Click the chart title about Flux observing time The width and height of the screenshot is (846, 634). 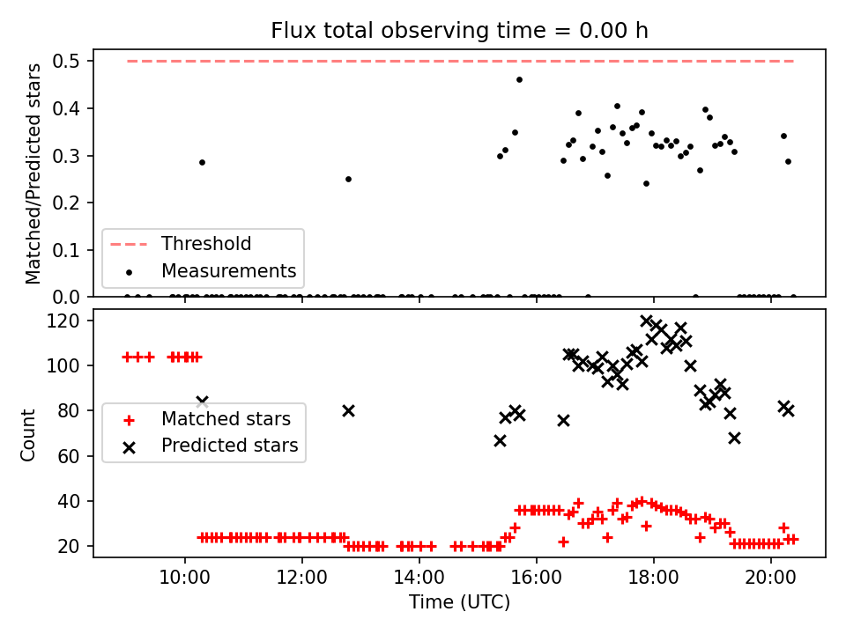click(459, 30)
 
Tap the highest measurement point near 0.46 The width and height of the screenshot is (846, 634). click(519, 80)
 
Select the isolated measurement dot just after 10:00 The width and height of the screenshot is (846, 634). click(203, 162)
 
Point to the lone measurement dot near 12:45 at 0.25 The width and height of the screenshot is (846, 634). click(349, 179)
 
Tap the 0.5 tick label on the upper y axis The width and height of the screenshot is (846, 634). click(66, 61)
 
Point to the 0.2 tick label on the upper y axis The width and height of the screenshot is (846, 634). click(66, 203)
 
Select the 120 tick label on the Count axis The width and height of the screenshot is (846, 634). click(63, 321)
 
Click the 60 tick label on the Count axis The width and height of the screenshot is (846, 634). click(69, 456)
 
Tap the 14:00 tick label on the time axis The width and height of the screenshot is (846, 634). click(419, 578)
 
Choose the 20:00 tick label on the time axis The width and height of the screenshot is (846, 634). click(770, 578)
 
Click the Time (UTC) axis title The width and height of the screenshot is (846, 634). click(459, 601)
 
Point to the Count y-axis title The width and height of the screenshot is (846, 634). click(27, 434)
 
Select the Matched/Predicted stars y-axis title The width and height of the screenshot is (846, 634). click(33, 173)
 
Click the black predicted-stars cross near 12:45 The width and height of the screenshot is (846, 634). click(349, 411)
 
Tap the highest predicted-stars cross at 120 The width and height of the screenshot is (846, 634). click(646, 321)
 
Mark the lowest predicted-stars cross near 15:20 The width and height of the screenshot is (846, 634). click(501, 441)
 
